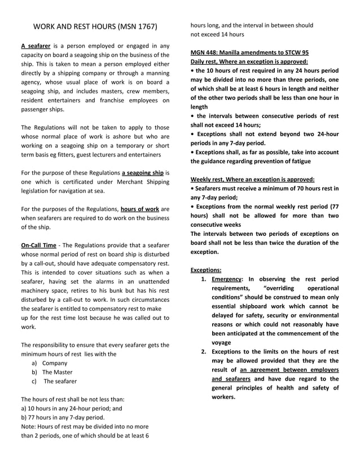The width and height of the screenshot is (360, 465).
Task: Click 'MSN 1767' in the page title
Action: (135, 26)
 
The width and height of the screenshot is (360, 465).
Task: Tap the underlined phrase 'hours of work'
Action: (139, 209)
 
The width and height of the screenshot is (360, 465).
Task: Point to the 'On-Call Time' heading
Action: (38, 245)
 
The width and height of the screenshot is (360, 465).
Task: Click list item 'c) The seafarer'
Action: (55, 381)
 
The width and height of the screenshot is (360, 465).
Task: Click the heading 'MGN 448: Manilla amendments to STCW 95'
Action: (249, 52)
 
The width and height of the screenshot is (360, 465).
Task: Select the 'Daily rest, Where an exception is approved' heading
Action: (249, 61)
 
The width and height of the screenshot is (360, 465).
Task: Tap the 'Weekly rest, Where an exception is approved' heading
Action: (252, 179)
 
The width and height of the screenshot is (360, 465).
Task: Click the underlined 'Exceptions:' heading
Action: (206, 270)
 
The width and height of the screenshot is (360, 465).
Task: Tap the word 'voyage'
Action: (221, 342)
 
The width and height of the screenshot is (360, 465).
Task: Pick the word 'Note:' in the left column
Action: (29, 427)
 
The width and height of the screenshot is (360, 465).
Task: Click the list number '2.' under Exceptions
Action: (204, 351)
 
